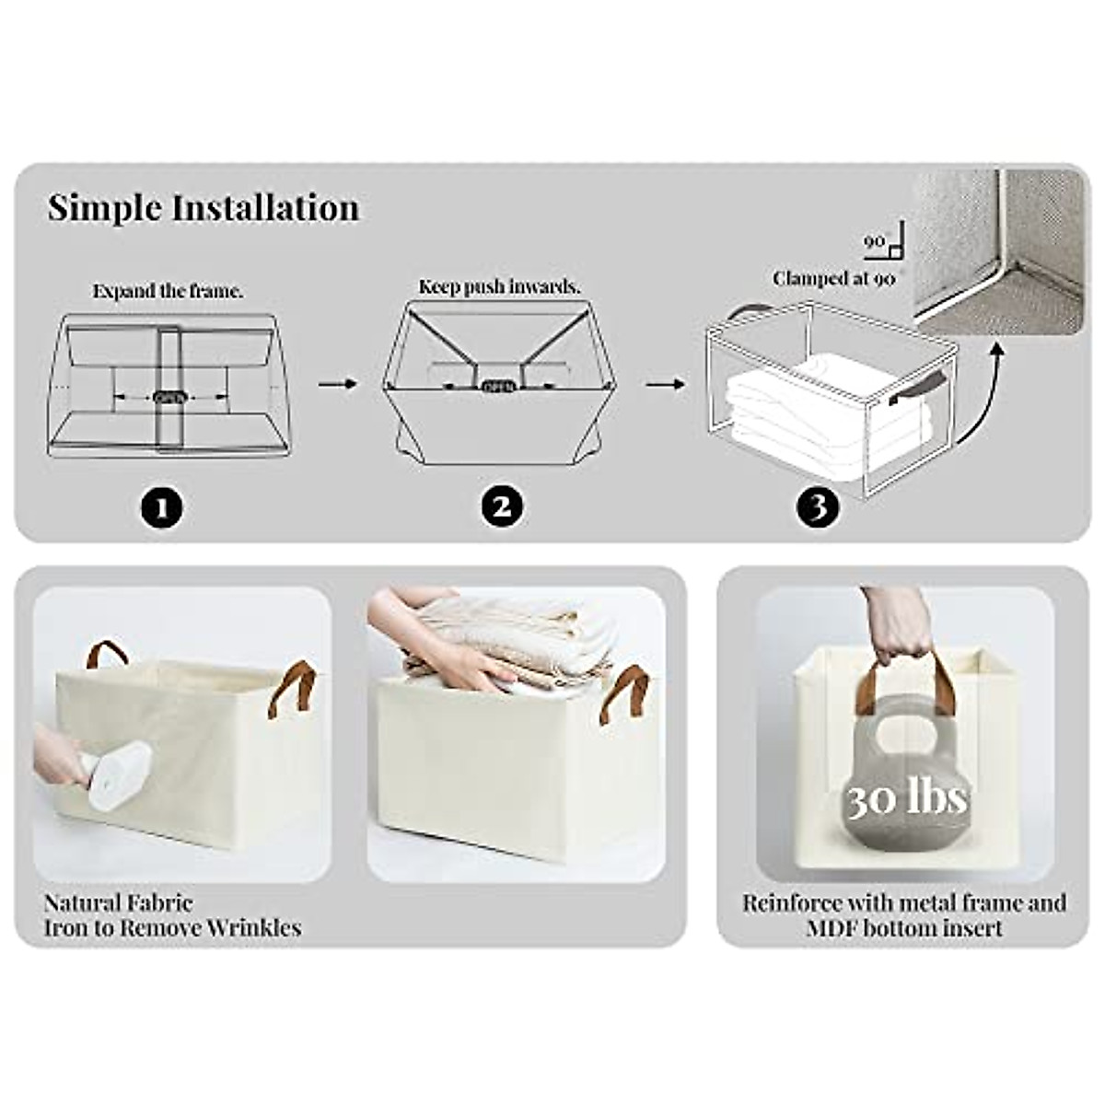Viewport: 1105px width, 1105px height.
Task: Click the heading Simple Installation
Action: [x=204, y=208]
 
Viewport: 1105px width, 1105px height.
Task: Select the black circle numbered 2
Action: [x=502, y=506]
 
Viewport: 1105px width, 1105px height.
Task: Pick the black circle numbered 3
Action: [x=819, y=506]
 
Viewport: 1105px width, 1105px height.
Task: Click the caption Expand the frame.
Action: [x=168, y=291]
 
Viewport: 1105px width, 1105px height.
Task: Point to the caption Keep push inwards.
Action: [x=500, y=286]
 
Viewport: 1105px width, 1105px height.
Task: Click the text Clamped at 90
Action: [x=833, y=277]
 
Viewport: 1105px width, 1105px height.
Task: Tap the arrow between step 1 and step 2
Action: [x=337, y=382]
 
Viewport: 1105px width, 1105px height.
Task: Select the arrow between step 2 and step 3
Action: [x=665, y=382]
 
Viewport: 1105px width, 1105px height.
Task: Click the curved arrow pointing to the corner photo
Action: [x=978, y=387]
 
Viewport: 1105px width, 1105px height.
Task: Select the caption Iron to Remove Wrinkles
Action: [x=172, y=927]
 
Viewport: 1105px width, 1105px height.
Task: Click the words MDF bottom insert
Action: [x=904, y=927]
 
